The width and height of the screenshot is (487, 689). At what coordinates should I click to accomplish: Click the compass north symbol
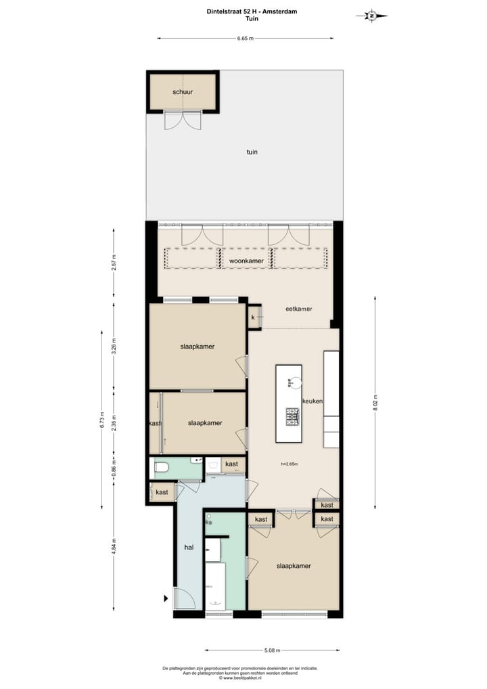tap(371, 16)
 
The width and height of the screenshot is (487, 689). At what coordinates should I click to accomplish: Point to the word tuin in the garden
tap(252, 152)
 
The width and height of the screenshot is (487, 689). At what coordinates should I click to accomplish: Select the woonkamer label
tap(246, 260)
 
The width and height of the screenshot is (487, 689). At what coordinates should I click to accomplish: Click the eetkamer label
tap(298, 309)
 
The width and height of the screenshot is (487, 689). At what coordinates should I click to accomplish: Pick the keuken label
tap(312, 401)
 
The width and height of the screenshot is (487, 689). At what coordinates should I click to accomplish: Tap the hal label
tap(189, 548)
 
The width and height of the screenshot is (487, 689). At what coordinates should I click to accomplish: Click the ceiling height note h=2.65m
tap(290, 464)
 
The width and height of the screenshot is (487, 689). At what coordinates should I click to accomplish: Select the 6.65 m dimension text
tap(245, 39)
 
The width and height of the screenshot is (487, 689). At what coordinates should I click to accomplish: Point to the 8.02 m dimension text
tap(375, 401)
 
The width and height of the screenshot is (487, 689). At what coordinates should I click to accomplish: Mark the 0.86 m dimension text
tap(114, 472)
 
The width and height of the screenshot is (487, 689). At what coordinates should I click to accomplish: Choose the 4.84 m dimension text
tap(114, 546)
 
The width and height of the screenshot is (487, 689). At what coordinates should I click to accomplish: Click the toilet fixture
tap(161, 466)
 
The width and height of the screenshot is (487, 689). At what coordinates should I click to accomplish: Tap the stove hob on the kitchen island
tap(293, 417)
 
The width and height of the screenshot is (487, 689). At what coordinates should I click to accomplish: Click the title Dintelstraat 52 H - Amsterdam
tap(243, 12)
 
